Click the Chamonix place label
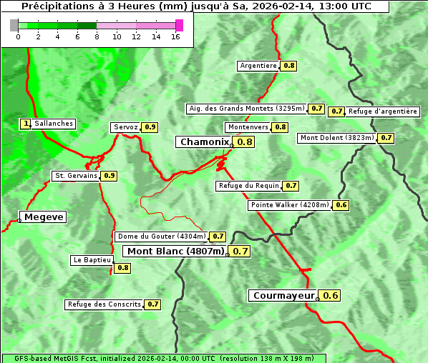204,142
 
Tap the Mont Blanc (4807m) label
175,251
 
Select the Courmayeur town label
283,295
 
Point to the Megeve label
44,217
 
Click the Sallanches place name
53,124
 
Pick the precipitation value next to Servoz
150,127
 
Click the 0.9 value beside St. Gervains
109,175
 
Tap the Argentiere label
258,66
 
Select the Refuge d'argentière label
382,111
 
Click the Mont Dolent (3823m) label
336,138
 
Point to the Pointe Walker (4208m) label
290,205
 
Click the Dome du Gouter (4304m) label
162,237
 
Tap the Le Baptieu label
92,260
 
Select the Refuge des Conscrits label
104,304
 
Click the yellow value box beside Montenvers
281,127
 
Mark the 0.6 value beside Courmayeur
331,295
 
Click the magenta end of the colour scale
179,25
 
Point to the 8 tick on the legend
97,36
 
